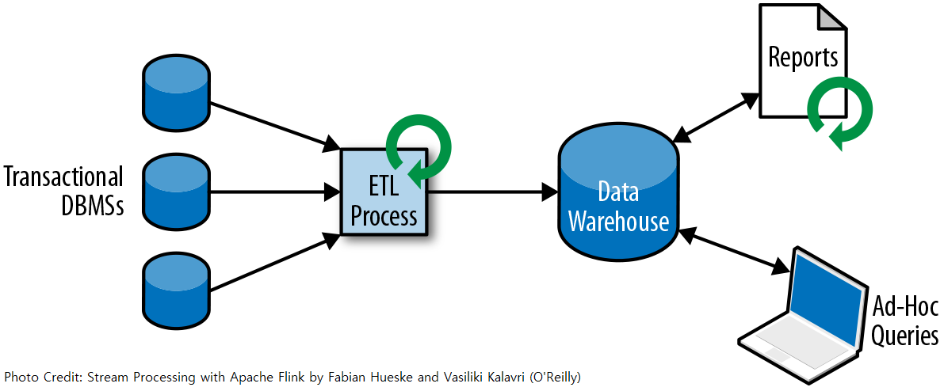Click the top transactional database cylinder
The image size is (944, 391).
pos(175,93)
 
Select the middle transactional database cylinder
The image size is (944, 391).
pos(175,192)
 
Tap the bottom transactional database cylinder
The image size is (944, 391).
pos(175,290)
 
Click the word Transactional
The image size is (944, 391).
pos(63,178)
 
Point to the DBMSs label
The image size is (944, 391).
pos(93,207)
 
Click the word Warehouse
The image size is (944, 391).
pos(619,222)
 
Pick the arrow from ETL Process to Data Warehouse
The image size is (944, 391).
pos(493,192)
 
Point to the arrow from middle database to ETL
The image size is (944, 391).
pos(275,192)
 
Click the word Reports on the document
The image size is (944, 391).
pos(803,57)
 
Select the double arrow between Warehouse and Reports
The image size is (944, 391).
pos(716,118)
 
